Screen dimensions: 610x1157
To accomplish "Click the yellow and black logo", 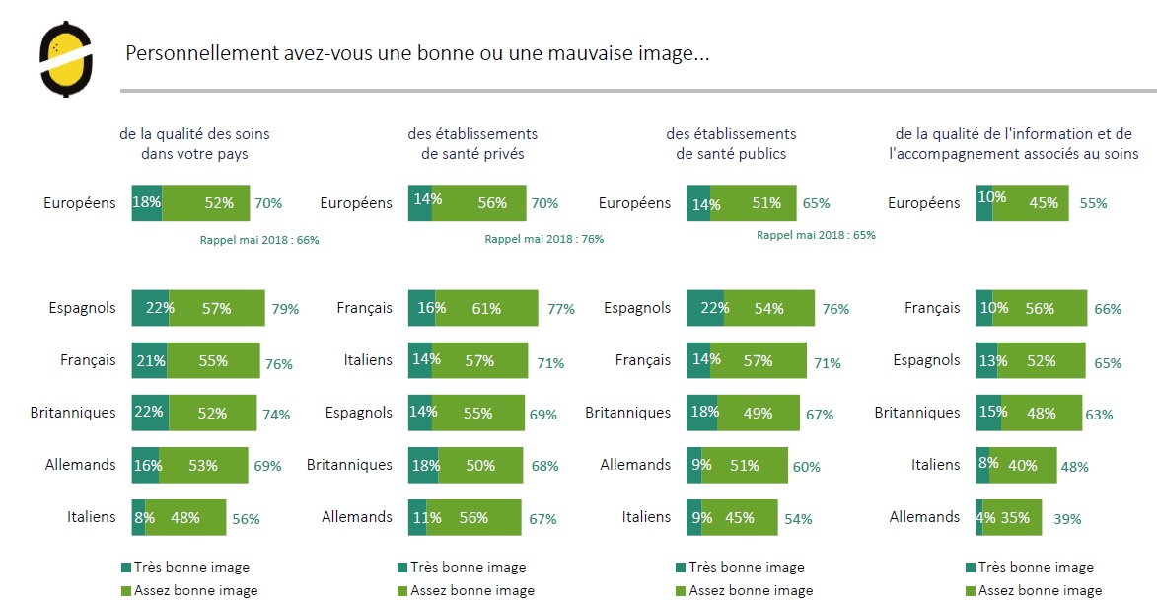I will click(x=66, y=59).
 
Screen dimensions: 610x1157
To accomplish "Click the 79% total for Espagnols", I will click(x=285, y=309).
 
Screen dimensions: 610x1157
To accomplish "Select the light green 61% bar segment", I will click(x=486, y=308).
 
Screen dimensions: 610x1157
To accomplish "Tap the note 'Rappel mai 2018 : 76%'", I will click(x=543, y=239).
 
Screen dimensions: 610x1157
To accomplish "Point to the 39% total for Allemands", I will click(x=1067, y=518).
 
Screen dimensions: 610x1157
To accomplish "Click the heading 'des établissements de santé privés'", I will click(x=472, y=143).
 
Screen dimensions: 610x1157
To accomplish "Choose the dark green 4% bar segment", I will click(x=979, y=517).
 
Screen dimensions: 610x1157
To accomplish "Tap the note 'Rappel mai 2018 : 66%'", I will click(x=258, y=239).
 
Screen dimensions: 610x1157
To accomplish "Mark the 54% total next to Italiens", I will click(x=798, y=519).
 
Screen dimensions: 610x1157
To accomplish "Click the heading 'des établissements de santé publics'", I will click(x=731, y=143).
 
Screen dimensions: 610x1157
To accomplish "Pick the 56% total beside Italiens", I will click(x=246, y=519).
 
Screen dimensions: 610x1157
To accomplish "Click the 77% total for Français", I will click(x=561, y=309).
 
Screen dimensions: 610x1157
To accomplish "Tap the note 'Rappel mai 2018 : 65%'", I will click(x=816, y=235).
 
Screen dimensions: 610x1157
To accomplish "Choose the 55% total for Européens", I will click(x=1093, y=203).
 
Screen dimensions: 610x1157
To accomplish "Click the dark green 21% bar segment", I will click(x=149, y=360).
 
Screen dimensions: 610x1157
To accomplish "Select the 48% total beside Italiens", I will click(x=1075, y=467).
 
